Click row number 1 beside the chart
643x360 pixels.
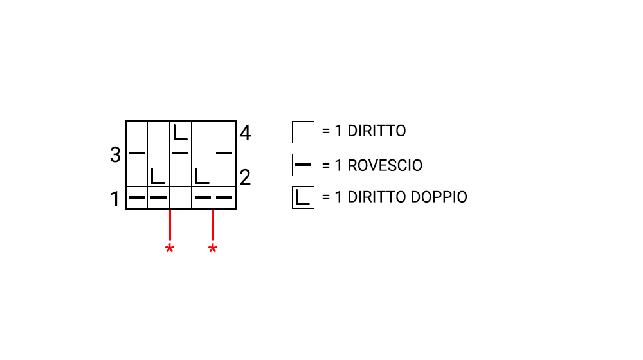click(115, 199)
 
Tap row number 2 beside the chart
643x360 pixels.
click(245, 177)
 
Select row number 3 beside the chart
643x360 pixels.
click(115, 155)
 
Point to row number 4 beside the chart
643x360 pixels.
click(245, 134)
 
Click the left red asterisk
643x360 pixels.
click(170, 249)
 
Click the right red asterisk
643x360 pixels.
click(213, 249)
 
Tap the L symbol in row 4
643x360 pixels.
click(181, 132)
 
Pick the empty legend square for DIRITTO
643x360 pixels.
click(303, 132)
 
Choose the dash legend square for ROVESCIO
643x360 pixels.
click(303, 165)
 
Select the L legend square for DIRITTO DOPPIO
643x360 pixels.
click(303, 198)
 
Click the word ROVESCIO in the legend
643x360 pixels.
click(385, 165)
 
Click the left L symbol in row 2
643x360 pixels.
click(158, 175)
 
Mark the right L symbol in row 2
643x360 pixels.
click(202, 175)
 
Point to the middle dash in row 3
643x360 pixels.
click(181, 153)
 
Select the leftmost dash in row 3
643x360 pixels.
click(137, 153)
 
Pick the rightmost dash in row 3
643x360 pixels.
click(224, 153)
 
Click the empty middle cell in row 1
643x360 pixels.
click(181, 197)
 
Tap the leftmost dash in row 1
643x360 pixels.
click(137, 197)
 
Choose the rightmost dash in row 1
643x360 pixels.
click(224, 197)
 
